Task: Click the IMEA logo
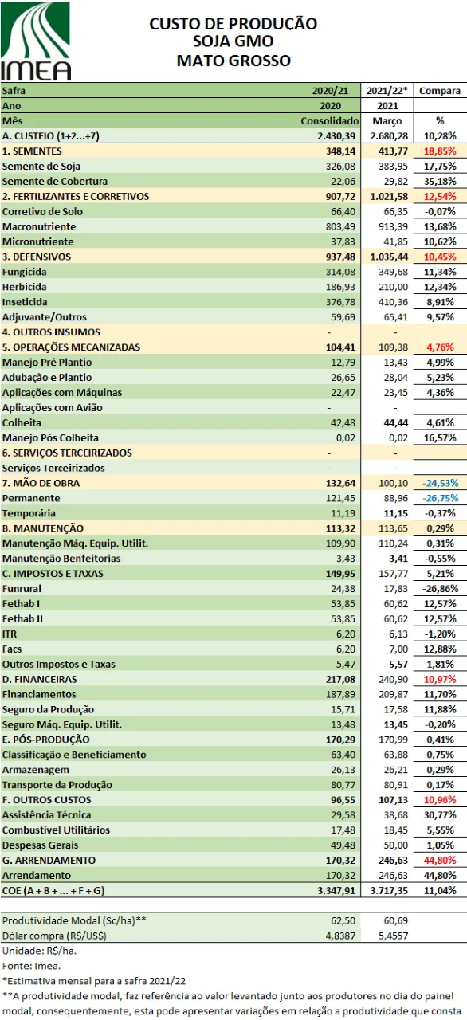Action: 37,41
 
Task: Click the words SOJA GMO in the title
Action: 233,41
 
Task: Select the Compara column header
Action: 439,91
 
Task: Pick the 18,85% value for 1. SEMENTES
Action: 439,151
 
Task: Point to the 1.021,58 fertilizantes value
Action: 387,197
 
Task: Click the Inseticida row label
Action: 25,302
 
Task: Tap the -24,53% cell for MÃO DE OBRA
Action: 439,483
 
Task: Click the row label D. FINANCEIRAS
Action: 40,679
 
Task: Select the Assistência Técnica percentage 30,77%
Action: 439,815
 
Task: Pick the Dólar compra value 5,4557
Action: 390,913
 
